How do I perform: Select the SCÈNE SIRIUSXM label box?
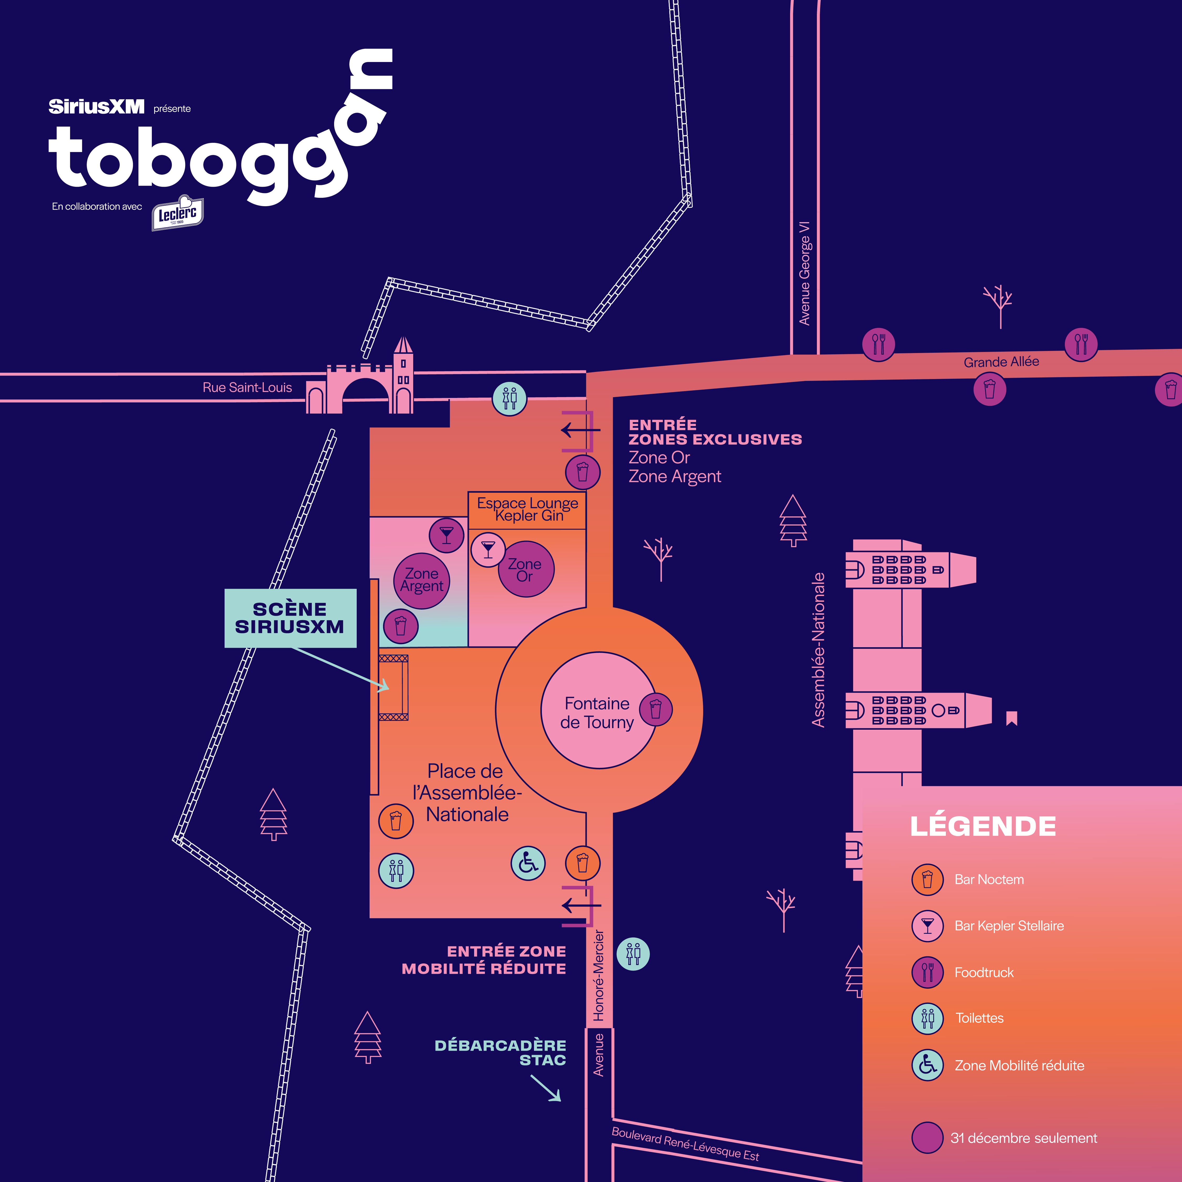click(x=290, y=618)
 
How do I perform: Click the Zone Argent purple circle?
click(x=422, y=580)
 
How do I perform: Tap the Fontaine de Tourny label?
click(x=597, y=713)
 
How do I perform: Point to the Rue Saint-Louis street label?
click(x=247, y=387)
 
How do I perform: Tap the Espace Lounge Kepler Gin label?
click(x=527, y=510)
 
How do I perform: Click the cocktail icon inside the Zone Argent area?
click(x=447, y=535)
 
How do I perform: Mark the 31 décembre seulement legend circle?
click(x=927, y=1137)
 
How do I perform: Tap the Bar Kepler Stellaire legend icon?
click(x=927, y=926)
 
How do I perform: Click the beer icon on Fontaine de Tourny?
click(x=656, y=709)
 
